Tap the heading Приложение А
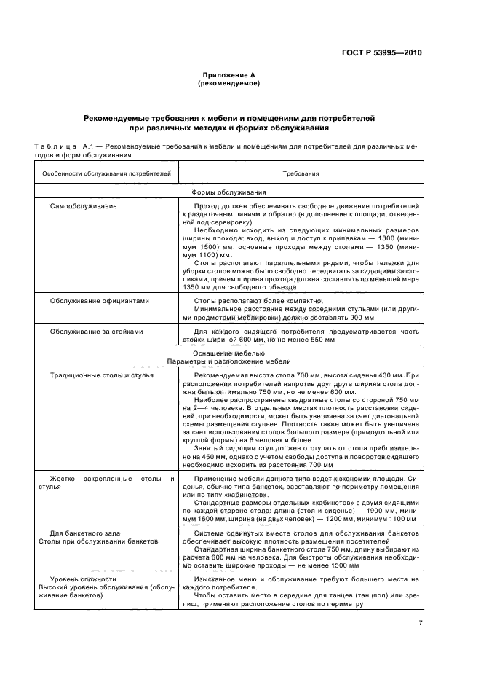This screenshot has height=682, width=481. pos(228,76)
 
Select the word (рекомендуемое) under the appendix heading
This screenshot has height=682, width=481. pos(228,84)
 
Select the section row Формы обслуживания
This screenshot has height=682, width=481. pos(228,192)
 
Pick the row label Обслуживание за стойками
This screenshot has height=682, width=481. pos(96,331)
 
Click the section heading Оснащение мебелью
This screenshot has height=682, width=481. pos(228,353)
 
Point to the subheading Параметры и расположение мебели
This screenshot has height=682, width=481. pos(228,361)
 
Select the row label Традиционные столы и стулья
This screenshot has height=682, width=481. pos(103,375)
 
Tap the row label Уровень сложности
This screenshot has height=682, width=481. pos(76,579)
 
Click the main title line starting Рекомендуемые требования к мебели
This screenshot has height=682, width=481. pos(228,117)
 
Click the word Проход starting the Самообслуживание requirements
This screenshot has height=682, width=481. pos(207,206)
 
